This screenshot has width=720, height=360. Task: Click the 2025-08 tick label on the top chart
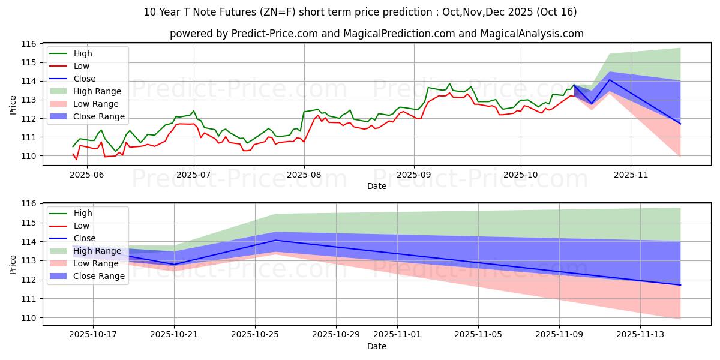pyautogui.click(x=304, y=174)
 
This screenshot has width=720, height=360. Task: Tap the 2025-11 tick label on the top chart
pyautogui.click(x=630, y=174)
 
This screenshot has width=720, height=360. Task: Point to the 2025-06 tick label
pyautogui.click(x=86, y=174)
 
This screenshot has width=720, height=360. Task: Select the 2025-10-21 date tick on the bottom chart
pyautogui.click(x=174, y=334)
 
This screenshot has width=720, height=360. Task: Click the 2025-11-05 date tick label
pyautogui.click(x=478, y=334)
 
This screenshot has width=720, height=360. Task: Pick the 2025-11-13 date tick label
pyautogui.click(x=641, y=334)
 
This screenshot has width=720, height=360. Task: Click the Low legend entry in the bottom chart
pyautogui.click(x=82, y=226)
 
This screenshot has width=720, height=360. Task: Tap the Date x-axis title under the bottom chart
pyautogui.click(x=376, y=346)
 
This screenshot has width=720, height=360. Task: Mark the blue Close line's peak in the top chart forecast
pyautogui.click(x=610, y=80)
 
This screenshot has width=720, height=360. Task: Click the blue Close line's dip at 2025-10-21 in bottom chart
pyautogui.click(x=174, y=264)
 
